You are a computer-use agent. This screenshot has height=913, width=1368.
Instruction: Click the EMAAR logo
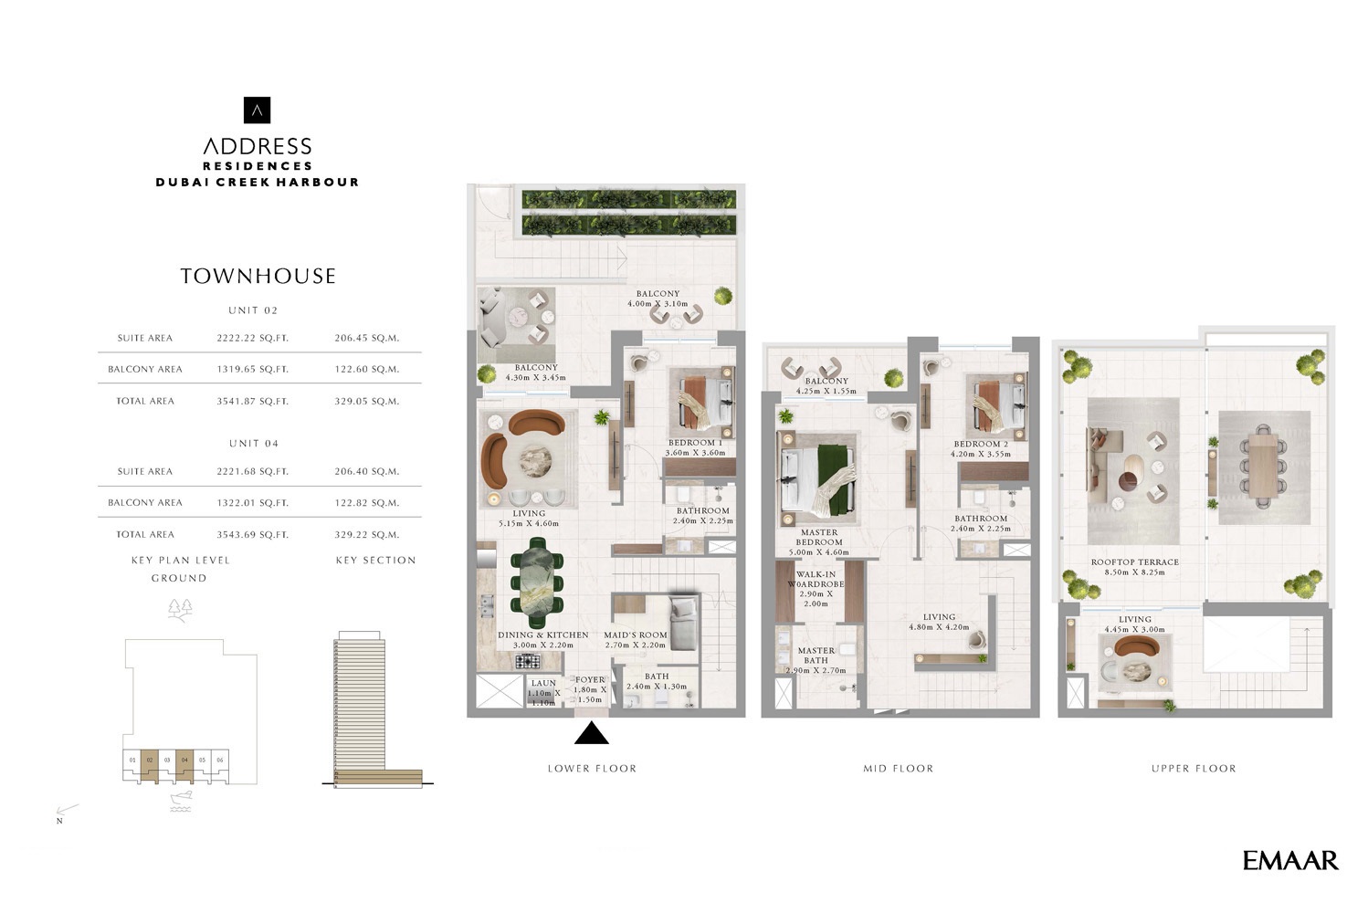[1289, 860]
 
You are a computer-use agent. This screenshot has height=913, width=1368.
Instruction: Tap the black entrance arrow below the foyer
[591, 733]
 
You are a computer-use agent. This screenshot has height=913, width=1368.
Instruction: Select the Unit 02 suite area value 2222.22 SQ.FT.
[252, 338]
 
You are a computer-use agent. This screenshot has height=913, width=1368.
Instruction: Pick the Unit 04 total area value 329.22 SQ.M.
[366, 535]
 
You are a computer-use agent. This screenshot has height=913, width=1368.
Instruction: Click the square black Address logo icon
[258, 110]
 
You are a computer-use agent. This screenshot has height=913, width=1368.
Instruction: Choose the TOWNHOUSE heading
[258, 276]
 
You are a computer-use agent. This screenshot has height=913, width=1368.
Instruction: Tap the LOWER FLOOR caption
[592, 769]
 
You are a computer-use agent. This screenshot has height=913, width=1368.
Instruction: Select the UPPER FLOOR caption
[1193, 769]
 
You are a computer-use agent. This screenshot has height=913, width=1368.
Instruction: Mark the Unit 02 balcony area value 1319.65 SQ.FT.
[252, 370]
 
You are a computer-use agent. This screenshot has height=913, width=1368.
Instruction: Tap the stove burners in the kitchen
[527, 661]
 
